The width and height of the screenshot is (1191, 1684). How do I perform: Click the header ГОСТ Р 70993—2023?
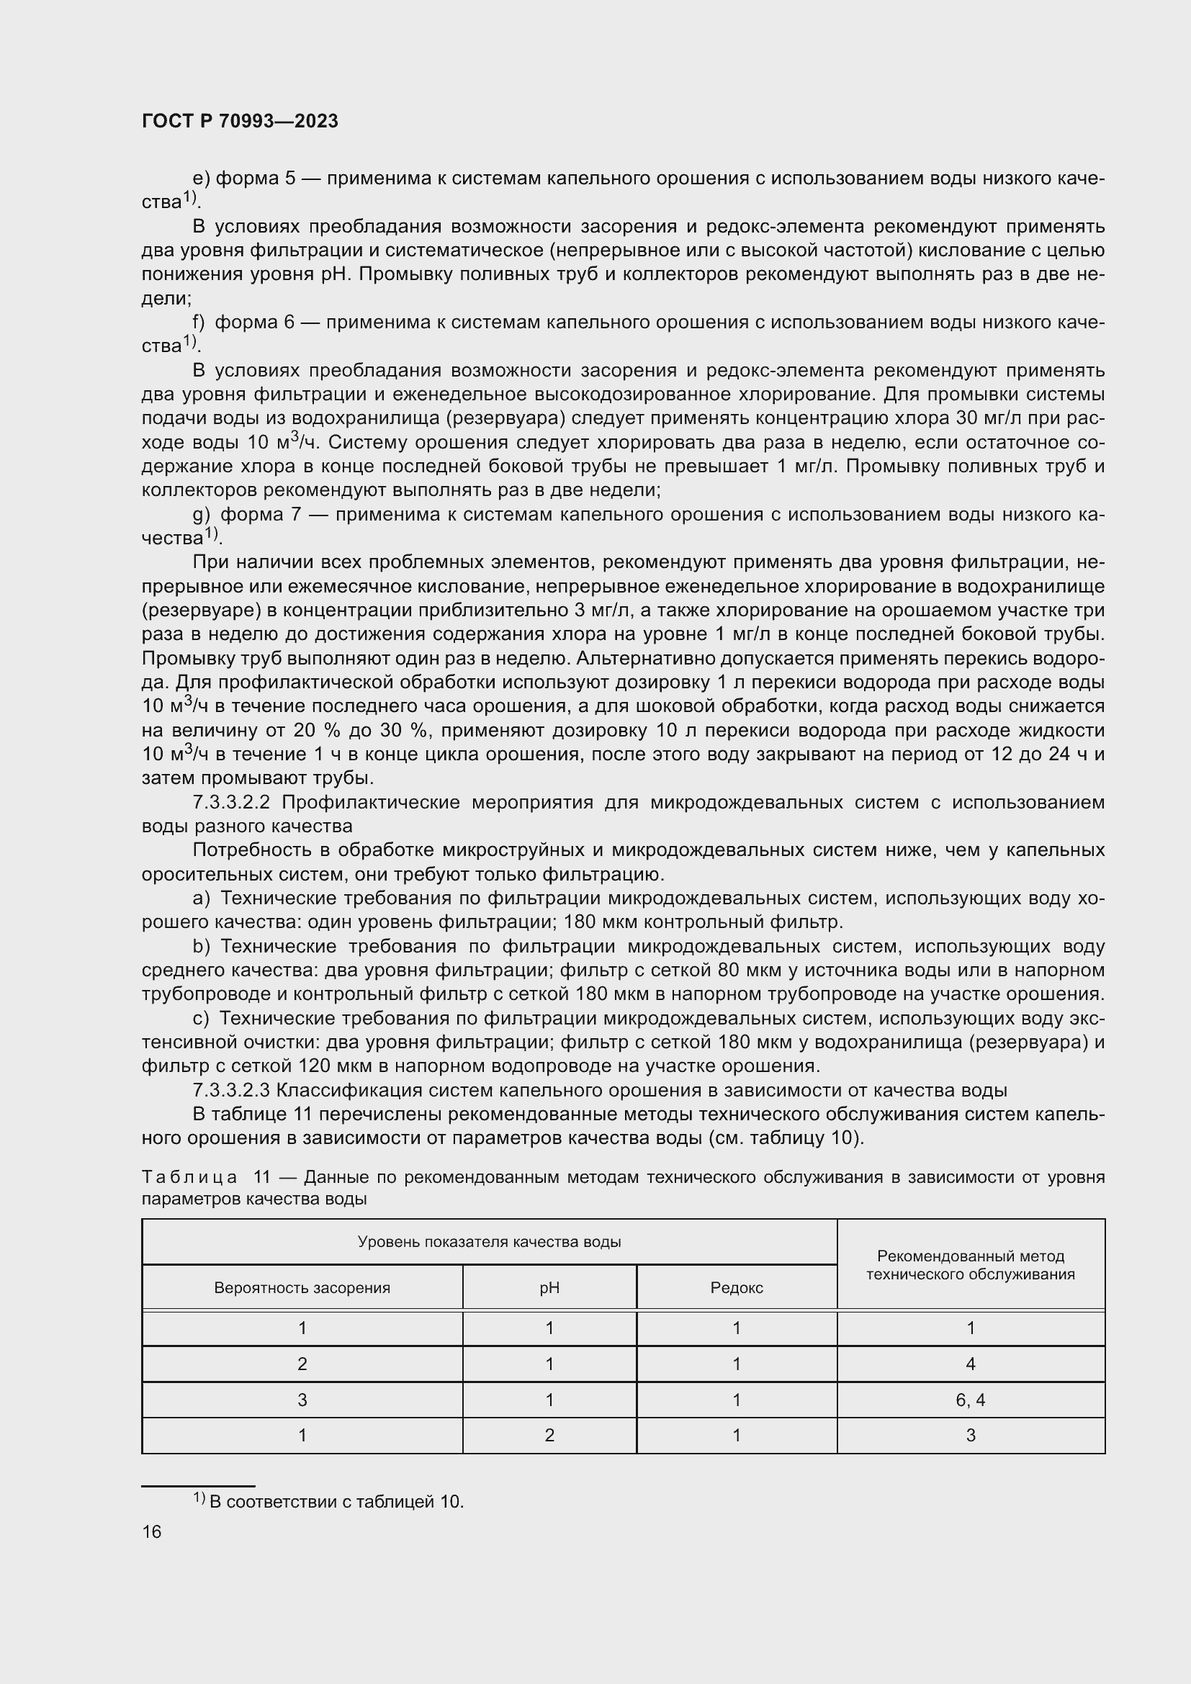click(x=240, y=122)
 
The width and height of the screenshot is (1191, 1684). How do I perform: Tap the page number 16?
click(x=152, y=1531)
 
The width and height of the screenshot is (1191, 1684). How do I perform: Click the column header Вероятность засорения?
click(x=302, y=1287)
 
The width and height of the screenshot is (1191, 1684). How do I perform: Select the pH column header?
click(x=549, y=1287)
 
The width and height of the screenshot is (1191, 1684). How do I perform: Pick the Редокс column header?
click(x=737, y=1287)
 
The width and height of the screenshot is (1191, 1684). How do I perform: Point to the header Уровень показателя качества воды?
click(x=489, y=1241)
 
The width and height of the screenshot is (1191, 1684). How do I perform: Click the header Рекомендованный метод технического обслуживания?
click(x=970, y=1264)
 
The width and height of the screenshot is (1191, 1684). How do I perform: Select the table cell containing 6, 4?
click(x=970, y=1400)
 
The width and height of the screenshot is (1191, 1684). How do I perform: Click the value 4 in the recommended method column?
click(x=970, y=1364)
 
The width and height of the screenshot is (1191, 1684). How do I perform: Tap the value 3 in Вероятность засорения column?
click(x=302, y=1400)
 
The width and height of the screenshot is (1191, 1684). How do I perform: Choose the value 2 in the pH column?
click(x=549, y=1435)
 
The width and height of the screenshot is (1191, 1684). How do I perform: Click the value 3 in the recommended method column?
click(x=970, y=1435)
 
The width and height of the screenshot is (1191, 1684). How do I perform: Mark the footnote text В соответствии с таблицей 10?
click(x=336, y=1501)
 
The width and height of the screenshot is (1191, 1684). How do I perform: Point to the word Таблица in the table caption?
click(x=189, y=1177)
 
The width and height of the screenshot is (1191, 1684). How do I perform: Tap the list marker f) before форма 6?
click(x=199, y=322)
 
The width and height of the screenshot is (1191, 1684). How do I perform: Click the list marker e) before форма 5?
click(x=201, y=179)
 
